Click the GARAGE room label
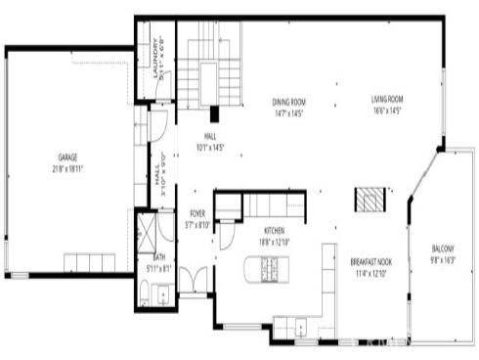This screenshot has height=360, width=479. click(x=66, y=157)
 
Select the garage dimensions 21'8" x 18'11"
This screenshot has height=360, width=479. click(x=66, y=168)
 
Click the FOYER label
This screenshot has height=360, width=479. click(x=197, y=213)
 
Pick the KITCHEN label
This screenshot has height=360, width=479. click(x=273, y=231)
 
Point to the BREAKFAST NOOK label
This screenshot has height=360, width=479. click(x=370, y=261)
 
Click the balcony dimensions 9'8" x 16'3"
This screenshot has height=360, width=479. click(x=443, y=260)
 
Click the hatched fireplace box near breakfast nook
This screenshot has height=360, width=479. click(x=369, y=199)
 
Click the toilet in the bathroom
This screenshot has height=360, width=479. click(x=144, y=291)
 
